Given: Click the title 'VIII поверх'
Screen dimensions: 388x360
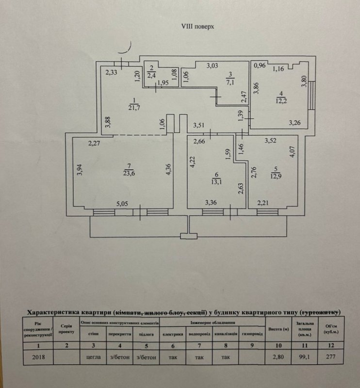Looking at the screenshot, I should [x=194, y=27].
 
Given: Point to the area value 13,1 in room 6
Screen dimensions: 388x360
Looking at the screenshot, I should [x=215, y=182].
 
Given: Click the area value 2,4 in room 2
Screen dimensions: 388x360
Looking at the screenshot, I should [x=152, y=75].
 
